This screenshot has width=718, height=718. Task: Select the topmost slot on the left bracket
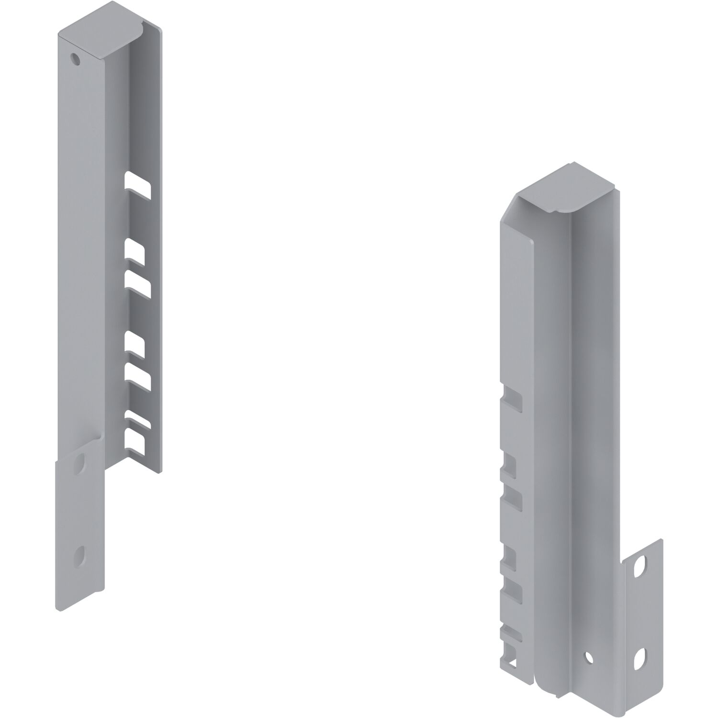point(138,185)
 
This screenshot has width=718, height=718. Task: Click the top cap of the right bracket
point(560,190)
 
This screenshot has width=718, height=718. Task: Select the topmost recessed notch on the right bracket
point(512,400)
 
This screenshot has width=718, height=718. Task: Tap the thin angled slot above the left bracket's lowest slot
point(138,419)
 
